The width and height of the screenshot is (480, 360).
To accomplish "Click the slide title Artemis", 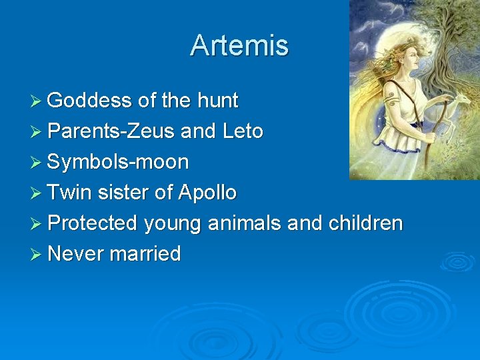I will (x=239, y=45).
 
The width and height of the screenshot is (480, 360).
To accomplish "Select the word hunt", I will (x=217, y=101).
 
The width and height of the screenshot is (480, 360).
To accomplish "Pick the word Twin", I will (x=70, y=193).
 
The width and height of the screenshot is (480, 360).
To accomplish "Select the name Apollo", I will (x=207, y=193).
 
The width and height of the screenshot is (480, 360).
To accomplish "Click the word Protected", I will (x=93, y=223).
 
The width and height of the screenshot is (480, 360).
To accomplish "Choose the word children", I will (x=365, y=223).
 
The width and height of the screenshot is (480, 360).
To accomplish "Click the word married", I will (x=147, y=254).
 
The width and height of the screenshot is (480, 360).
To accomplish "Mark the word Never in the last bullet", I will (x=76, y=254).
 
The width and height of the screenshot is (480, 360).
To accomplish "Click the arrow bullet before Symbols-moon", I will (x=37, y=162).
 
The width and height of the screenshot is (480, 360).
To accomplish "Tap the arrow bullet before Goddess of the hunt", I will (x=37, y=101).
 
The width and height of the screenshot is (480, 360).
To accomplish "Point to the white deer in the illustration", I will (x=460, y=107).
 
